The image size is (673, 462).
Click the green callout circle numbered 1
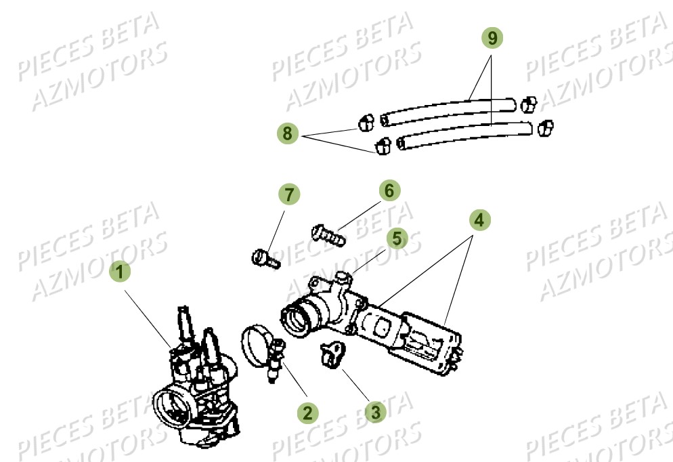pyautogui.click(x=120, y=273)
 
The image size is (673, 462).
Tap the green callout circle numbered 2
pyautogui.click(x=307, y=411)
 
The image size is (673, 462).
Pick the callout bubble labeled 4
pyautogui.click(x=479, y=219)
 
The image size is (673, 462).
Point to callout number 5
pyautogui.click(x=397, y=238)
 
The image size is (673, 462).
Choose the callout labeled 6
pyautogui.click(x=389, y=191)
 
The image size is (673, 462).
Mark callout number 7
pyautogui.click(x=288, y=195)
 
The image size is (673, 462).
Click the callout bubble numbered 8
pyautogui.click(x=288, y=134)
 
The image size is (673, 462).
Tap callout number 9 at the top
pyautogui.click(x=492, y=39)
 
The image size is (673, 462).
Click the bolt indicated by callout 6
pyautogui.click(x=328, y=234)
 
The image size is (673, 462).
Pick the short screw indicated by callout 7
pyautogui.click(x=265, y=258)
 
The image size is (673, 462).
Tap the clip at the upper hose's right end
pyautogui.click(x=528, y=104)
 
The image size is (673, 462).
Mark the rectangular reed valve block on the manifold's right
pyautogui.click(x=427, y=342)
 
